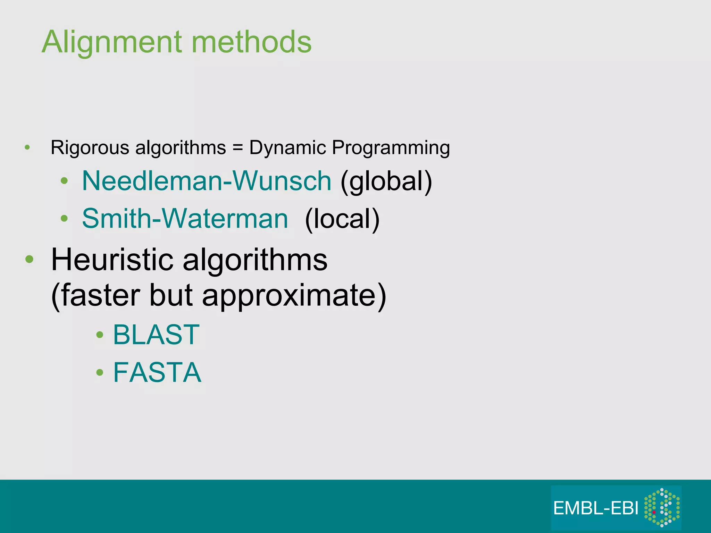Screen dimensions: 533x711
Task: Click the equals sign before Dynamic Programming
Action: point(237,148)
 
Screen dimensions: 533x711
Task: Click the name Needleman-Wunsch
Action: point(207,181)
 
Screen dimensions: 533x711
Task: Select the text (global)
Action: point(386,181)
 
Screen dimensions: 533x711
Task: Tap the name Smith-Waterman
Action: point(185,219)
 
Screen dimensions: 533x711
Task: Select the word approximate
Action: point(294,296)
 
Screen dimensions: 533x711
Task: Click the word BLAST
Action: point(156,335)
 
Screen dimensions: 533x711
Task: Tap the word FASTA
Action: point(157,372)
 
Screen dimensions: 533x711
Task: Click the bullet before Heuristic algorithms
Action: point(30,259)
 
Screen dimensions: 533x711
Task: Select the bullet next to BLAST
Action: point(100,335)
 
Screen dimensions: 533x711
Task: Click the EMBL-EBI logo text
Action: point(596,508)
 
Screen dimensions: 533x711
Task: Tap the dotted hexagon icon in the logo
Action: point(662,507)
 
